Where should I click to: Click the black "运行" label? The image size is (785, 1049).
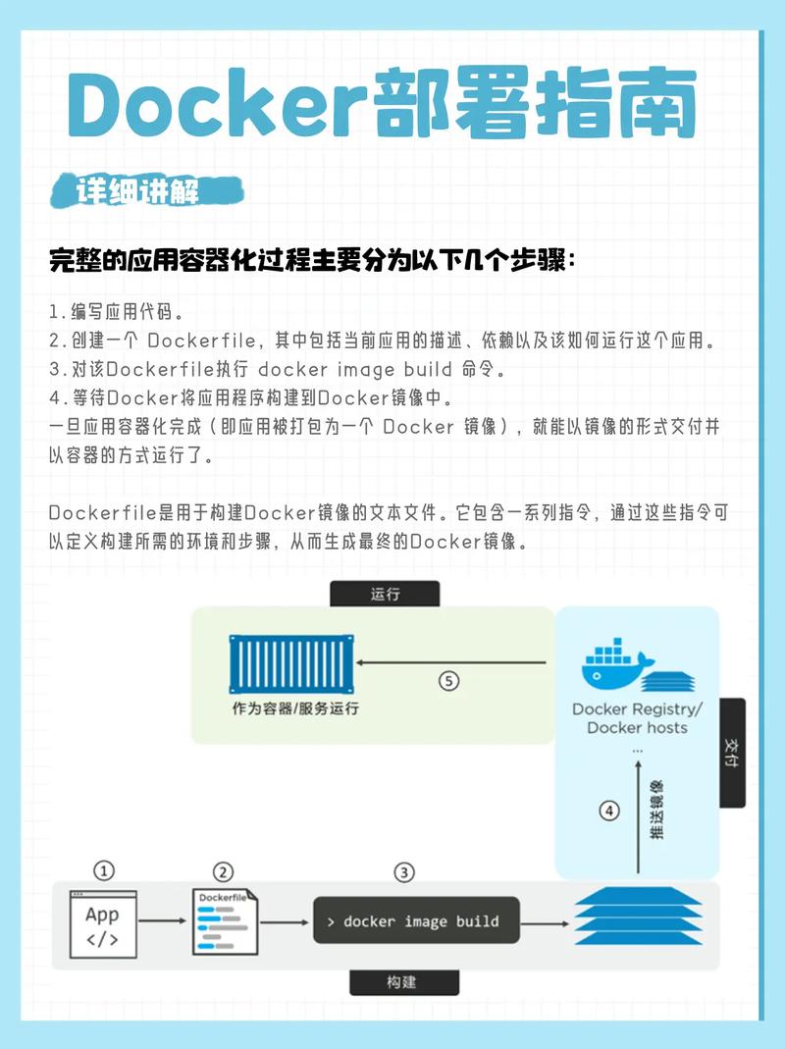[385, 594]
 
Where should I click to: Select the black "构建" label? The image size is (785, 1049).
[404, 982]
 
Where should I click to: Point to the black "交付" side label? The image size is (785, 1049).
[731, 752]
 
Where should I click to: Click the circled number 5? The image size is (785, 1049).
[448, 680]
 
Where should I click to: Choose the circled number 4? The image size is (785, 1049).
[610, 811]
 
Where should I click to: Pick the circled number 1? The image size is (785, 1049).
[103, 871]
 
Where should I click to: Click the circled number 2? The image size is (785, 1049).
[224, 871]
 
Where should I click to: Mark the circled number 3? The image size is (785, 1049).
[404, 871]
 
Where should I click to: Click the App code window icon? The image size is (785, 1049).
[103, 923]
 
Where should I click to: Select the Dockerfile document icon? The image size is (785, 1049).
[225, 922]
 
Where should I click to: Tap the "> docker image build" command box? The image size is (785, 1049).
[416, 921]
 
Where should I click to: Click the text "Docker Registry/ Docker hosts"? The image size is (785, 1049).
[637, 718]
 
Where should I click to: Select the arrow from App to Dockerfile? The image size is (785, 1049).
[162, 922]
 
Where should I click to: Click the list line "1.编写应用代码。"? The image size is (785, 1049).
[116, 312]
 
